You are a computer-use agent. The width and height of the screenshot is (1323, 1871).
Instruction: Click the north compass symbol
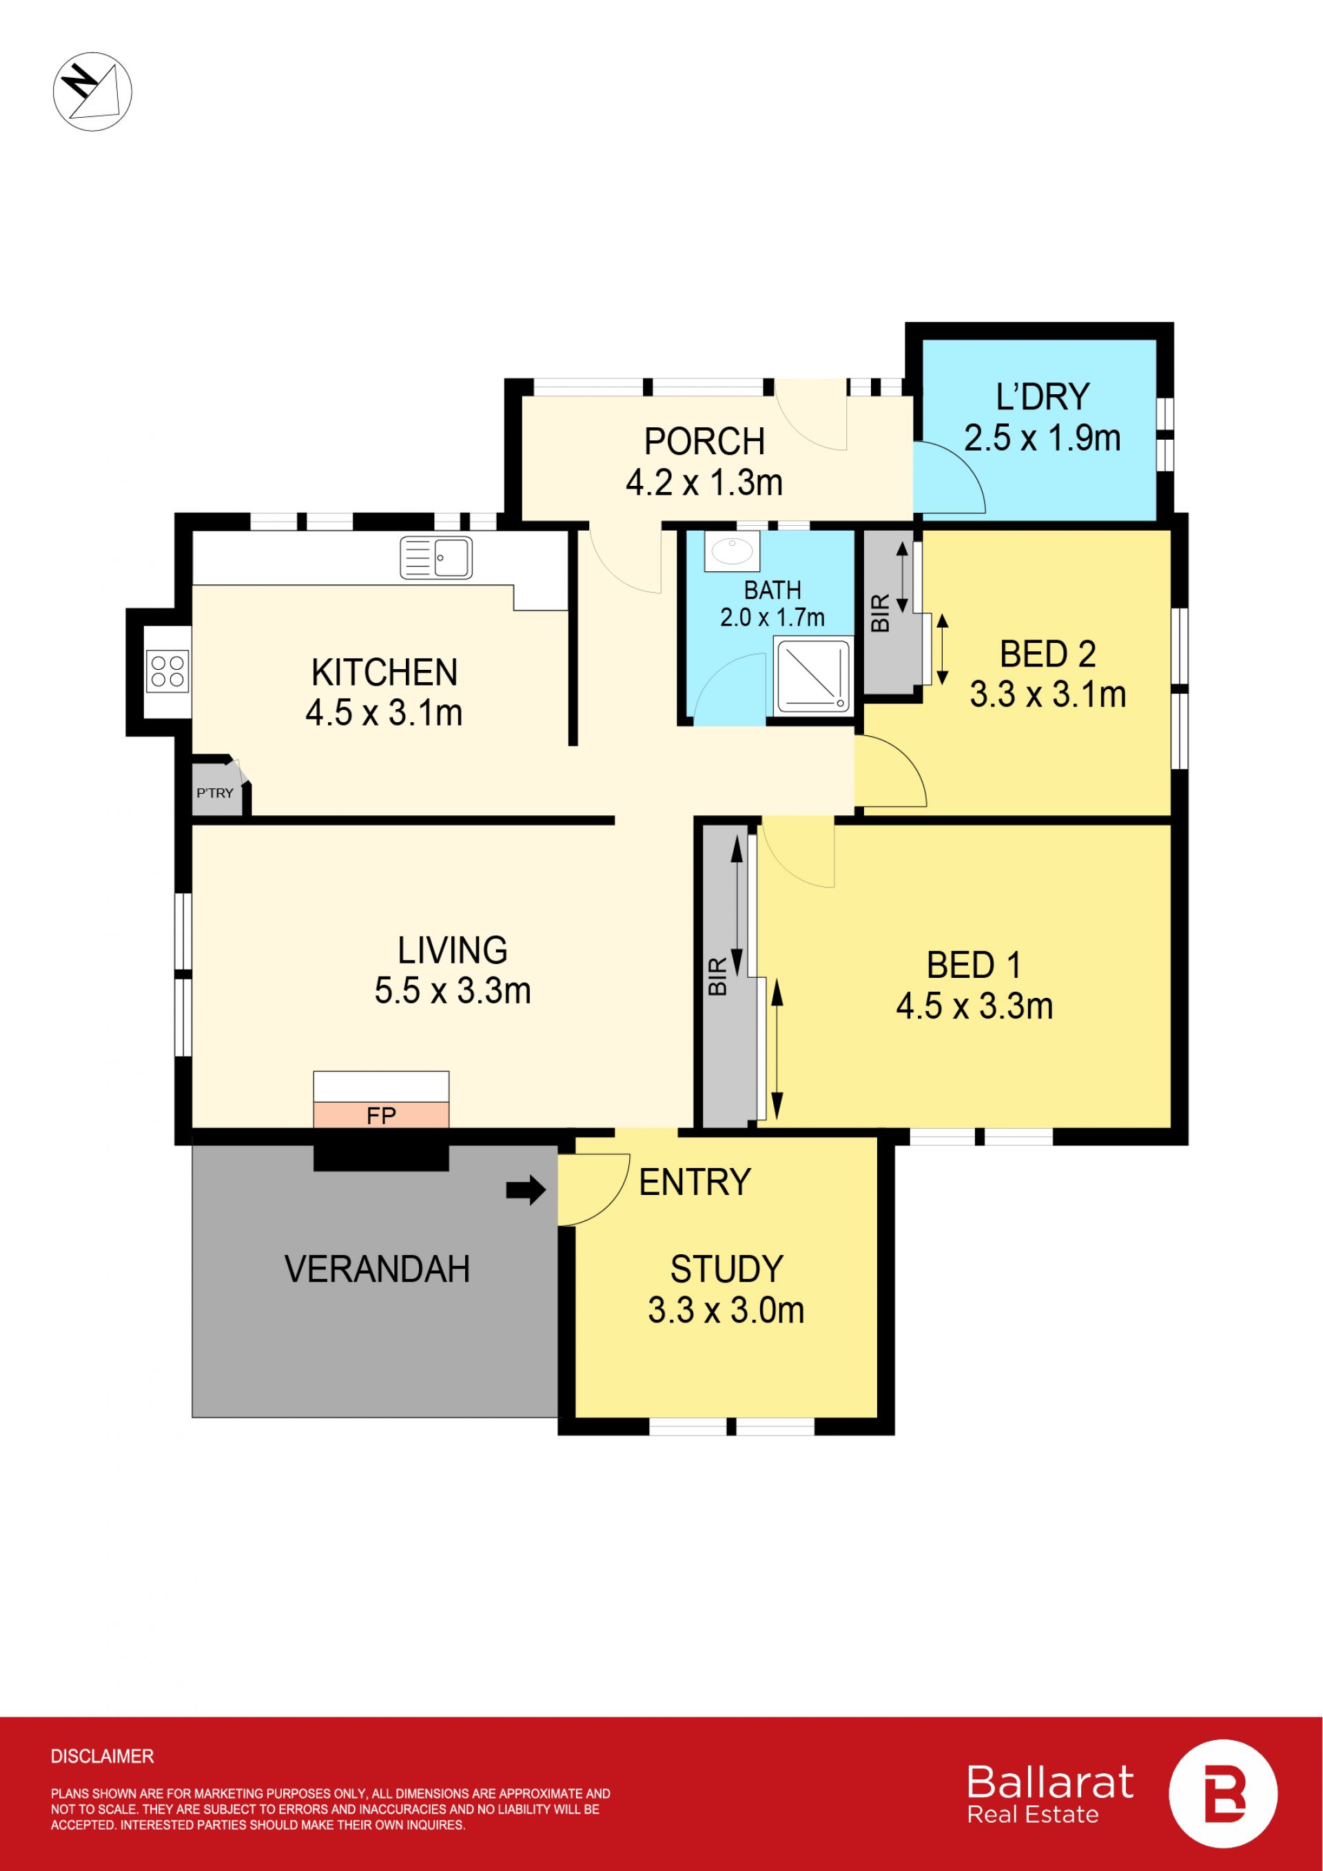click(x=92, y=91)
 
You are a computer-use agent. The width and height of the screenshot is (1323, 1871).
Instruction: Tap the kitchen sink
click(x=436, y=558)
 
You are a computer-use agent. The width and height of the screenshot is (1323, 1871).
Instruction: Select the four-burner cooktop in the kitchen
click(x=167, y=671)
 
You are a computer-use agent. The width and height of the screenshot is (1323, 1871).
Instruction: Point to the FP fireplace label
click(x=381, y=1116)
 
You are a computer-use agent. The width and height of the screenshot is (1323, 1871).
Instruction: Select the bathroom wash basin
click(x=732, y=551)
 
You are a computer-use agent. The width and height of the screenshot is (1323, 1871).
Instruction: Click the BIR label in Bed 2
click(x=881, y=613)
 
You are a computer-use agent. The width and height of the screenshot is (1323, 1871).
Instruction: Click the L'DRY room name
click(x=1043, y=397)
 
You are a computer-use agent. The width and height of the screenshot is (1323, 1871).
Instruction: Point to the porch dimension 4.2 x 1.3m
click(x=704, y=483)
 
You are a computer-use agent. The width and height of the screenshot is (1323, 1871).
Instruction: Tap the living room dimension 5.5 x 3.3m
click(x=452, y=991)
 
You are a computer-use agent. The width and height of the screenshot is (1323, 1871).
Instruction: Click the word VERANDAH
click(x=377, y=1269)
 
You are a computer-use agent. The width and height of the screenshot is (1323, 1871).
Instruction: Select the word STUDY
click(x=727, y=1269)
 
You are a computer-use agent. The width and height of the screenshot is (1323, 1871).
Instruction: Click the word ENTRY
click(x=695, y=1182)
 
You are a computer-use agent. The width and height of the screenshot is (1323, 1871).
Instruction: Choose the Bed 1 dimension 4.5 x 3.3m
click(x=974, y=1006)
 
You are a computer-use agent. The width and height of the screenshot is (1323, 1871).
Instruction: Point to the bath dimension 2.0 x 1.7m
click(x=772, y=617)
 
